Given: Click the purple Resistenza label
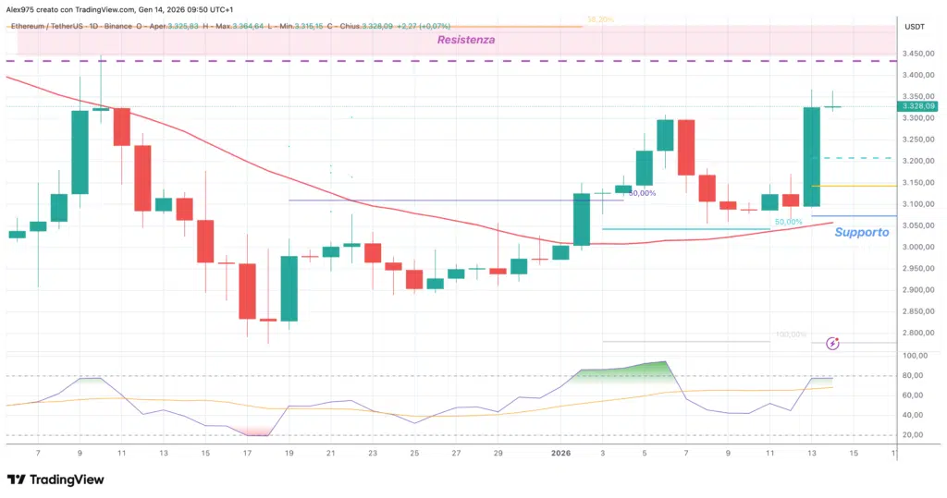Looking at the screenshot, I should (467, 40).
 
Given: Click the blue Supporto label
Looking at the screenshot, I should (861, 232).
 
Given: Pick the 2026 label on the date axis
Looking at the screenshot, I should (561, 453).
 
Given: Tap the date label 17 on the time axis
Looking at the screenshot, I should (247, 453).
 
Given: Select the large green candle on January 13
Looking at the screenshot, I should (812, 156).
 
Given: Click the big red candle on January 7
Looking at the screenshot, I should (686, 147).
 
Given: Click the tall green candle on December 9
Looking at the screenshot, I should (80, 152).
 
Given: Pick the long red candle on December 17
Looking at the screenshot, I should (247, 291).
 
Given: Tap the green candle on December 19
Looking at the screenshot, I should (289, 288).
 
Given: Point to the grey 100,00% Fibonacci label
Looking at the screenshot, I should (791, 334).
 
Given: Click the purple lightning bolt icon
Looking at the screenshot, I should (832, 344).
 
